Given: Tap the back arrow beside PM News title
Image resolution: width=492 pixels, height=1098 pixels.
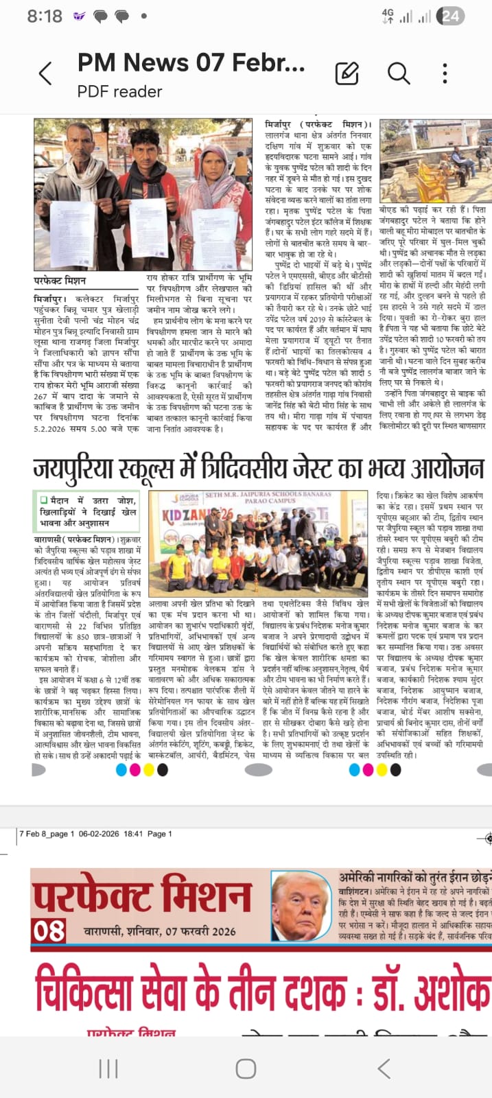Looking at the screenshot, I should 45,73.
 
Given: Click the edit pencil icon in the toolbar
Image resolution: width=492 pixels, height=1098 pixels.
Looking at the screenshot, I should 347,73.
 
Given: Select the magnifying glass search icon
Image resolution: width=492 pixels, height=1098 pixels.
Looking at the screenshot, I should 399,73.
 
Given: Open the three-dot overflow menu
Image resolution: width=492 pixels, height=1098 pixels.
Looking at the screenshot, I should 445,73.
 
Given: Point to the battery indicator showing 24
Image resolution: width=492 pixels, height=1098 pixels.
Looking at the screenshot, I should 451,16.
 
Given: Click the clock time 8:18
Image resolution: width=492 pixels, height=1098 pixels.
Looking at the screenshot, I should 45,16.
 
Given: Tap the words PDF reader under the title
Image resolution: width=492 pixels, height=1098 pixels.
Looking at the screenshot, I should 119,92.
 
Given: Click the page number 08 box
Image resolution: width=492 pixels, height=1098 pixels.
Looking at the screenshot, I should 49,931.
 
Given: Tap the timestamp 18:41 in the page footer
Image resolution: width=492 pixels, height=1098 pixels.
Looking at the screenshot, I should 133,834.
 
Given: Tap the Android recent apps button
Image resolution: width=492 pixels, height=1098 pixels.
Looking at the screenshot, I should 108,1068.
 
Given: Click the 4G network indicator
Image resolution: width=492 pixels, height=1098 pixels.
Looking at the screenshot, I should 388,16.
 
